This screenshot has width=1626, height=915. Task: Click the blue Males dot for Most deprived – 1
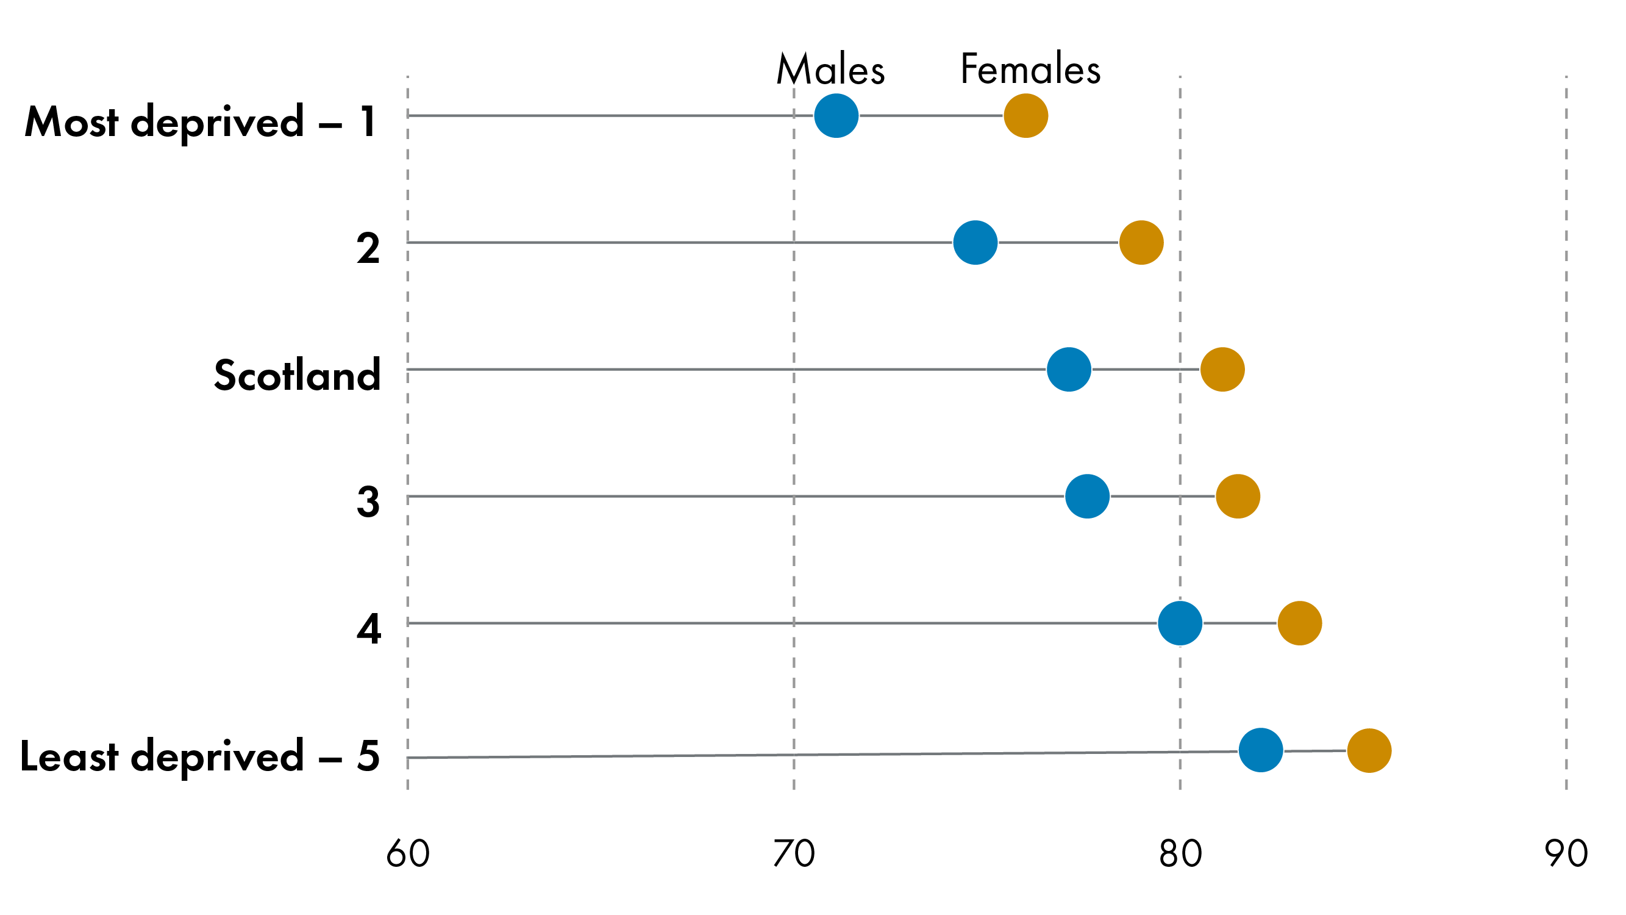[x=836, y=115]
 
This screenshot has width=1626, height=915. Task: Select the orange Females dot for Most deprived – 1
[x=1025, y=115]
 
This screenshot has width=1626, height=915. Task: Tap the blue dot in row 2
[x=975, y=243]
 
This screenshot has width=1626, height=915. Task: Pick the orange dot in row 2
[x=1141, y=243]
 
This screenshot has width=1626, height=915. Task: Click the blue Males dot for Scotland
[x=1069, y=370]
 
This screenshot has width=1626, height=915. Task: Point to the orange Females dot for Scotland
[x=1222, y=370]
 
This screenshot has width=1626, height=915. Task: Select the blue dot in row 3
[x=1087, y=497]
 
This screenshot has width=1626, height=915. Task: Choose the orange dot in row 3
[x=1238, y=497]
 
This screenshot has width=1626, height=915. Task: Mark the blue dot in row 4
[x=1180, y=623]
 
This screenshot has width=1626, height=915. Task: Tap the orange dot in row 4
[x=1300, y=623]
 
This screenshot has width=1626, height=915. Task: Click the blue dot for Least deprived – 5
[x=1261, y=750]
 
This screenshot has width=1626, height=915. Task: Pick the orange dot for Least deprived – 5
[x=1369, y=750]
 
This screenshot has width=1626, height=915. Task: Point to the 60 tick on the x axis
[x=408, y=854]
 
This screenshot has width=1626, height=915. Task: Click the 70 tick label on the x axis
[x=793, y=854]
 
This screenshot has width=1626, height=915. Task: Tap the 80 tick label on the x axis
[x=1180, y=854]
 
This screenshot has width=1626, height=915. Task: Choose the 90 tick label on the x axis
[x=1566, y=854]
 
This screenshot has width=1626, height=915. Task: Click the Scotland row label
[x=298, y=375]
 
